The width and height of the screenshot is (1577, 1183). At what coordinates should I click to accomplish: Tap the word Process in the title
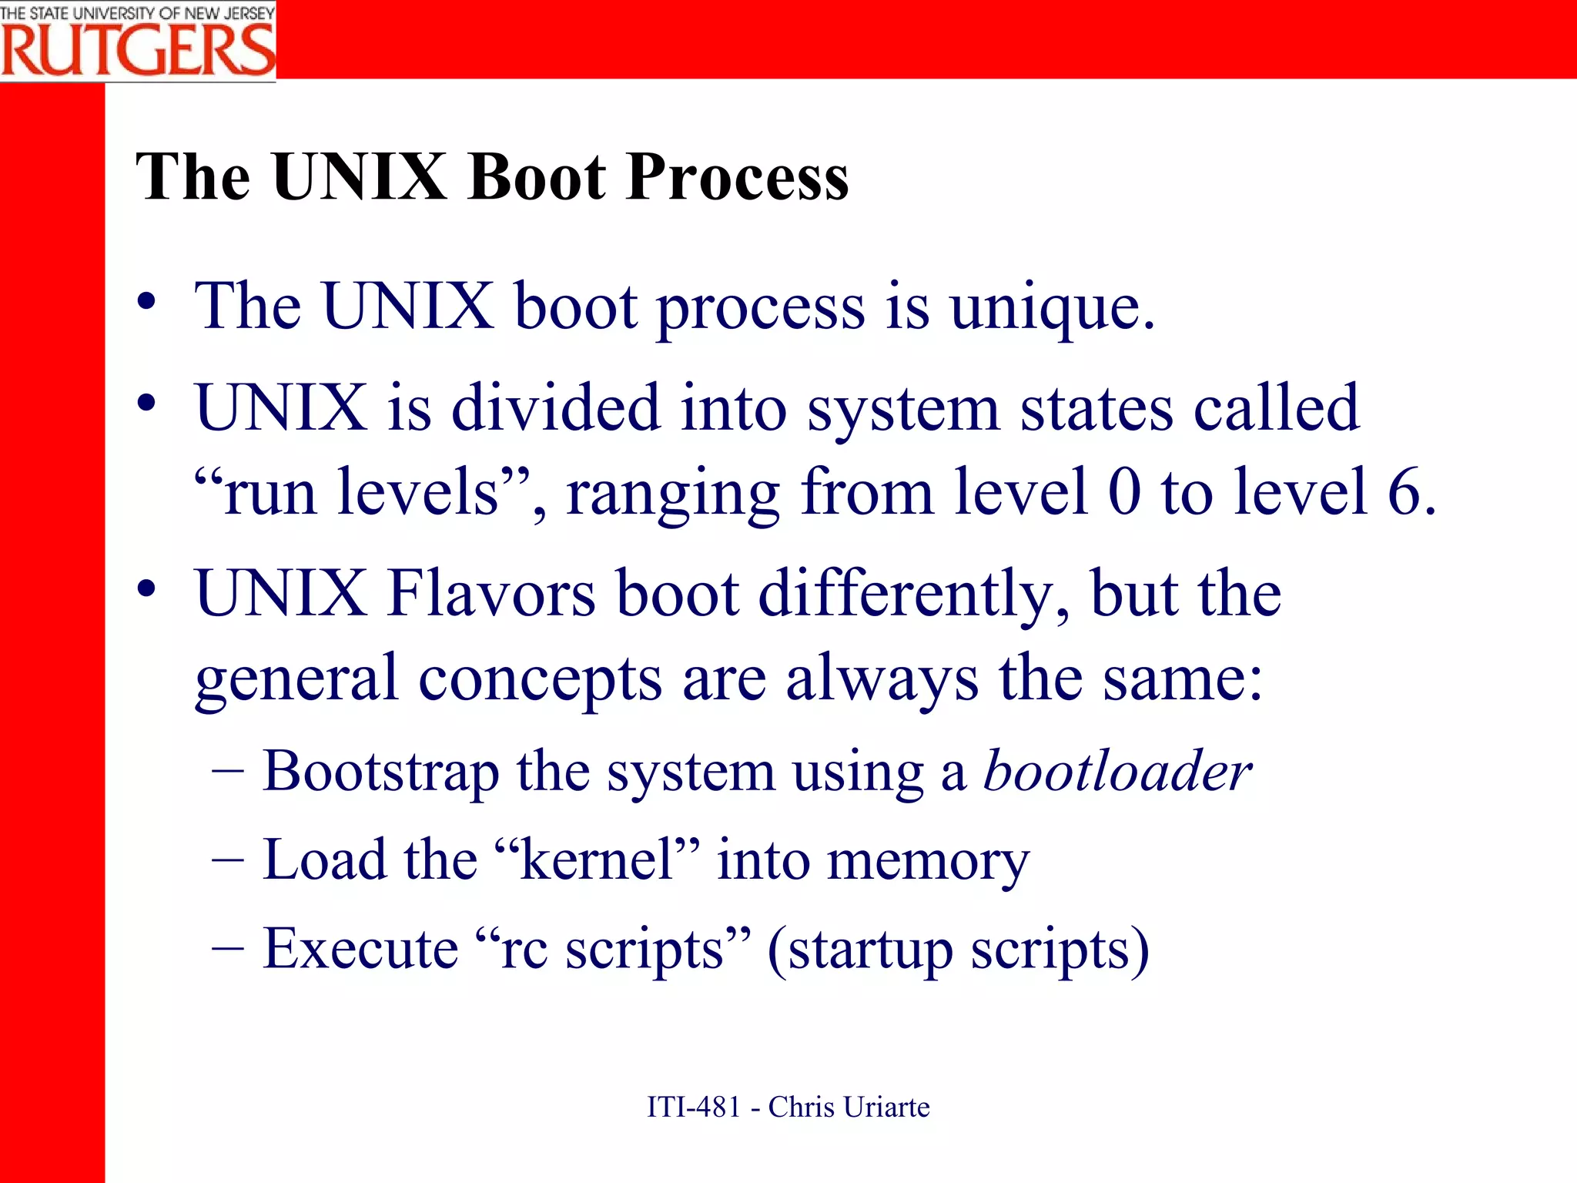[x=737, y=179]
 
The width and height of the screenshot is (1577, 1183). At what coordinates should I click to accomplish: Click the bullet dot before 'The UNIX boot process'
[x=146, y=301]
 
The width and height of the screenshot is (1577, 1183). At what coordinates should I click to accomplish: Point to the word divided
[x=555, y=407]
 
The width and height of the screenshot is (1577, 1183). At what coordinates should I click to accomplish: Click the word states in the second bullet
[x=1097, y=409]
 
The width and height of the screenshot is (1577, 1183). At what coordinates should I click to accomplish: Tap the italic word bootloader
[x=1117, y=771]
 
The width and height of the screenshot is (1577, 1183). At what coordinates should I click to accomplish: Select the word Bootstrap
[x=380, y=772]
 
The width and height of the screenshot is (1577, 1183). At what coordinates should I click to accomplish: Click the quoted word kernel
[x=598, y=860]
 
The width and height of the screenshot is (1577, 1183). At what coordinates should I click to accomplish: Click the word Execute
[x=360, y=949]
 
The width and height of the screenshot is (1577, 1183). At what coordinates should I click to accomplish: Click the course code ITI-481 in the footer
[x=694, y=1108]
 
